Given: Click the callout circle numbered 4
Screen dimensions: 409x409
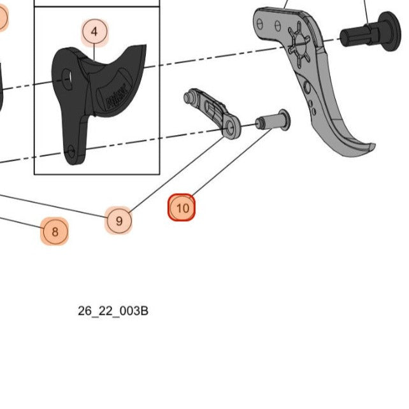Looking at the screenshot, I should pos(94,31).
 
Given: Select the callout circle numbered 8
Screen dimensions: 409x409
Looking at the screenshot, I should pos(55,231).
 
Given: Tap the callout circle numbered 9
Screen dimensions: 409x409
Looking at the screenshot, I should pos(118,221).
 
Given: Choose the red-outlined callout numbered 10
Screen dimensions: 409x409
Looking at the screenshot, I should pos(182,208).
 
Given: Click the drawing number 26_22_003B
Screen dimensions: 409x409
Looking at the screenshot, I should pos(113,311).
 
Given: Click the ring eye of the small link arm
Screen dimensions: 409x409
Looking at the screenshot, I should pos(230,129).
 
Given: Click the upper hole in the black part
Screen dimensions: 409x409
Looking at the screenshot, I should pos(66,80).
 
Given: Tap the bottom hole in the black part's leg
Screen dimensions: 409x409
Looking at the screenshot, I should pos(71,152).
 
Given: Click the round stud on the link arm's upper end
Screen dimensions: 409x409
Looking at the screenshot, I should pos(189,97).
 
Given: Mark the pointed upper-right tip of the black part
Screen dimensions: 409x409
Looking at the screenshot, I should pos(143,48).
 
